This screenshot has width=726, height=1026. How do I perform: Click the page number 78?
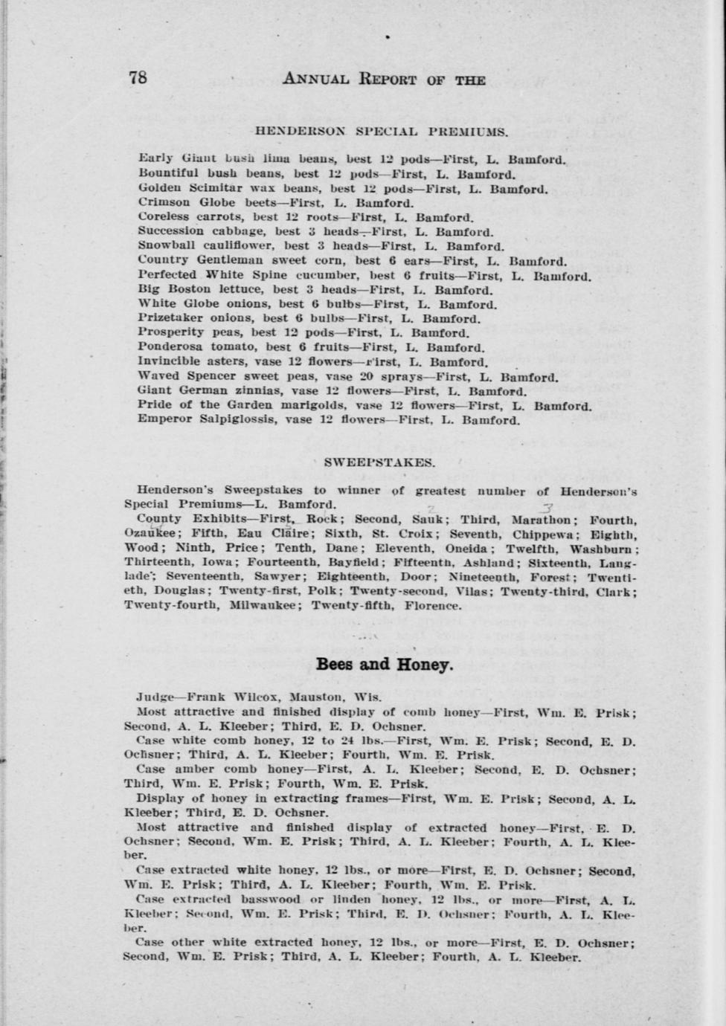click(138, 78)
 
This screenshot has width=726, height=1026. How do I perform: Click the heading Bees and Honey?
click(385, 664)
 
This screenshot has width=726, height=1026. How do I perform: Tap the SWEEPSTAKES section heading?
click(379, 462)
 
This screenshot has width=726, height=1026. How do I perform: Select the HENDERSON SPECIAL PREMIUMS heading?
click(381, 132)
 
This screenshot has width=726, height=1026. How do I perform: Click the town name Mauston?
click(315, 697)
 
